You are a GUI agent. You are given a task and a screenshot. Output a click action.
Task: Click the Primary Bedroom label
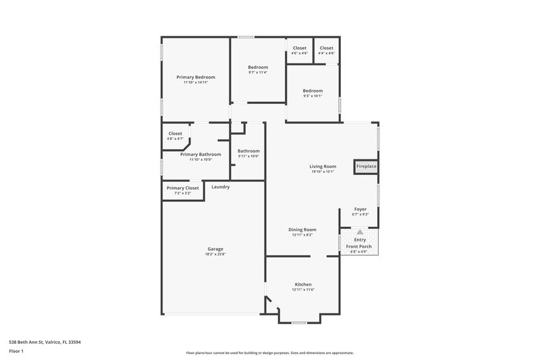(x=196, y=77)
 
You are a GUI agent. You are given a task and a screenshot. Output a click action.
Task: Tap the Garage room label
(x=215, y=249)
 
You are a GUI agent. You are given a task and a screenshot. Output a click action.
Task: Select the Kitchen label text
(x=303, y=284)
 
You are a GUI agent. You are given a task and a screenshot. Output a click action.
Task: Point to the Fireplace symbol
(x=367, y=166)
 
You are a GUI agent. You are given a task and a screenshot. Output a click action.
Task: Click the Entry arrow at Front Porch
(x=360, y=232)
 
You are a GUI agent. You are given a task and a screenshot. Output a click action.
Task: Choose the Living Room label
(x=323, y=166)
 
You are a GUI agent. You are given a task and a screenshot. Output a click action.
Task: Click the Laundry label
(x=221, y=187)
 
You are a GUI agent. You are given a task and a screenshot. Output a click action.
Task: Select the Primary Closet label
(x=183, y=188)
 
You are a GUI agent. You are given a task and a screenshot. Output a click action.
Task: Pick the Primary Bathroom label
(x=196, y=154)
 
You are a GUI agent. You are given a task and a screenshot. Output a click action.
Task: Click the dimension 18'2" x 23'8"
(x=215, y=255)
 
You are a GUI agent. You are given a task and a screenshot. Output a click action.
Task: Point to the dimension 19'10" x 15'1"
(x=323, y=172)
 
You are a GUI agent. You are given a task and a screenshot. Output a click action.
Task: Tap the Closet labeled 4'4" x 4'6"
(x=326, y=48)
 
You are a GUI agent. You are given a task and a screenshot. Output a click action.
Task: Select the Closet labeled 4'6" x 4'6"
(x=299, y=48)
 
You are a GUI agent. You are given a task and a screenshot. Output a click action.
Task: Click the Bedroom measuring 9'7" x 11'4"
(x=258, y=67)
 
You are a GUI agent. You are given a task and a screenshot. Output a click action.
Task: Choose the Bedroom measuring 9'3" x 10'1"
(x=313, y=91)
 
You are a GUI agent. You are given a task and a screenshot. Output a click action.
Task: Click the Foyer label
(x=360, y=209)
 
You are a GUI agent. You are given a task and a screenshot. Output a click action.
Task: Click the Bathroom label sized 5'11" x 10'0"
(x=248, y=151)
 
